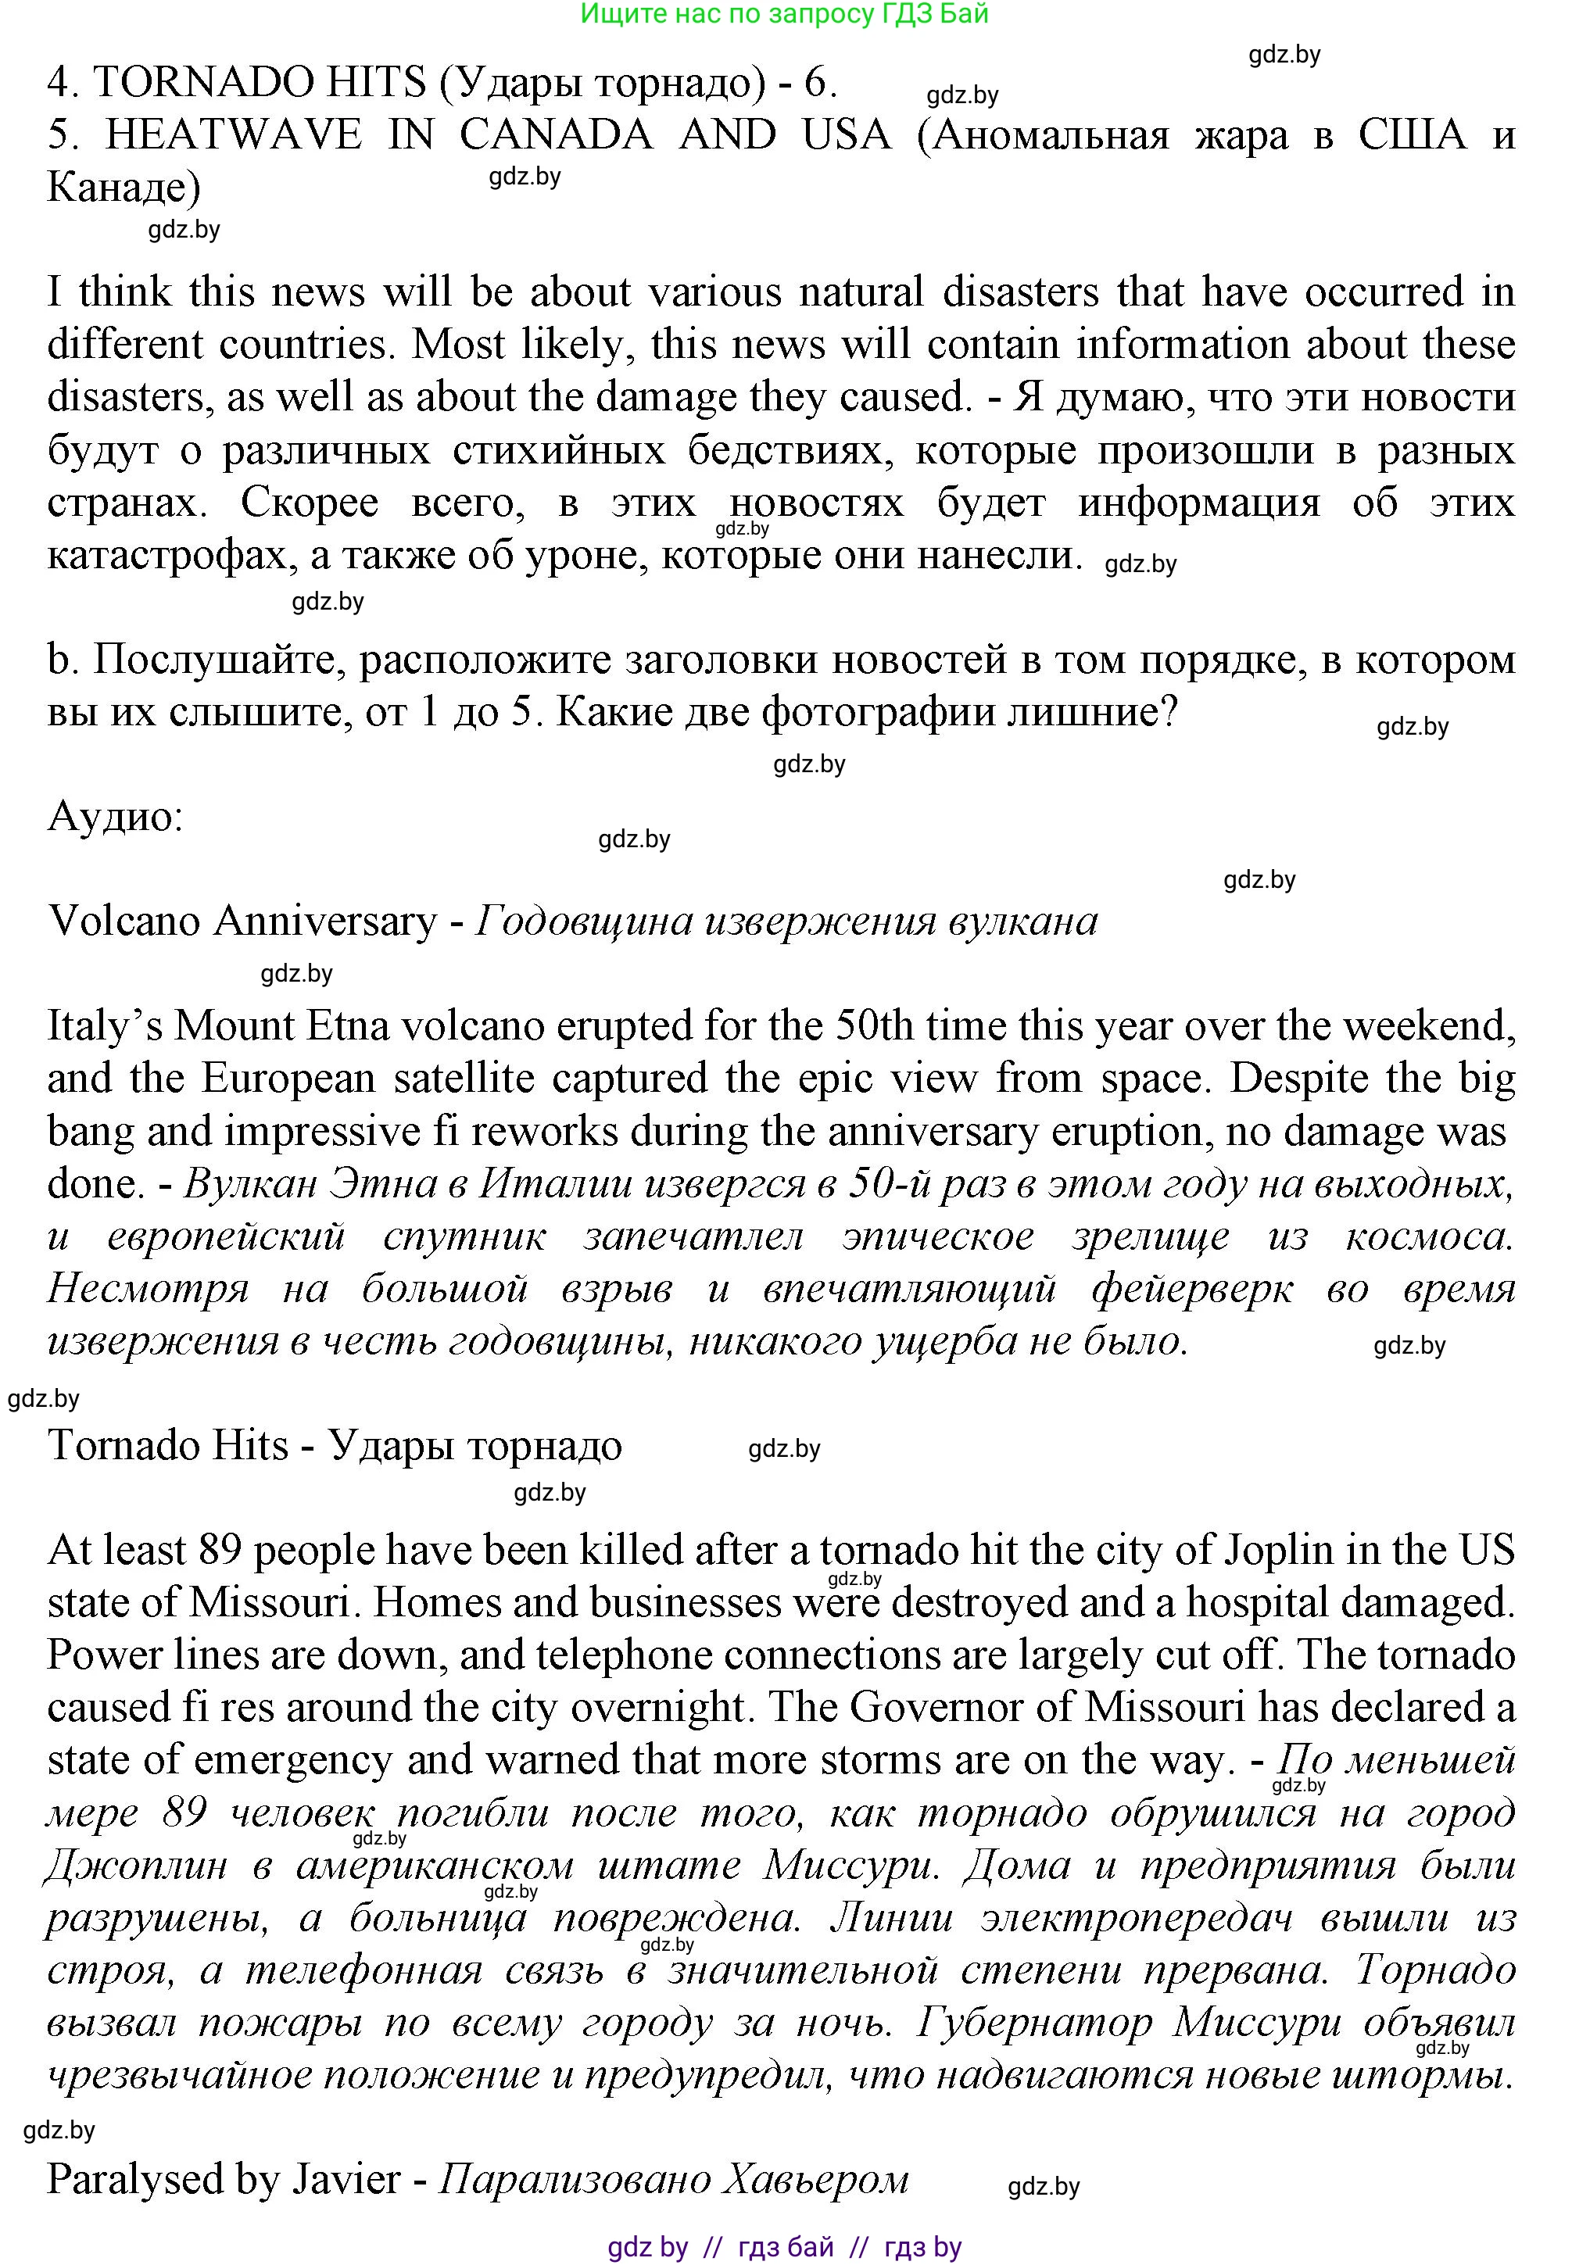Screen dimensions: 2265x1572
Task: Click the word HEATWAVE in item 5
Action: pos(234,135)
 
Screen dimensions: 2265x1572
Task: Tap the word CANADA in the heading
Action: pos(556,135)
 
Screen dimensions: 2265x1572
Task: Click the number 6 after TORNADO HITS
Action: pos(817,83)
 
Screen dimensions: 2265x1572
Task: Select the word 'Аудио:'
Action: pos(115,817)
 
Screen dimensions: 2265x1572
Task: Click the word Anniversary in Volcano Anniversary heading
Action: pos(325,921)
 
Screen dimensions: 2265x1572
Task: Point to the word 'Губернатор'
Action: pos(1033,2023)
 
